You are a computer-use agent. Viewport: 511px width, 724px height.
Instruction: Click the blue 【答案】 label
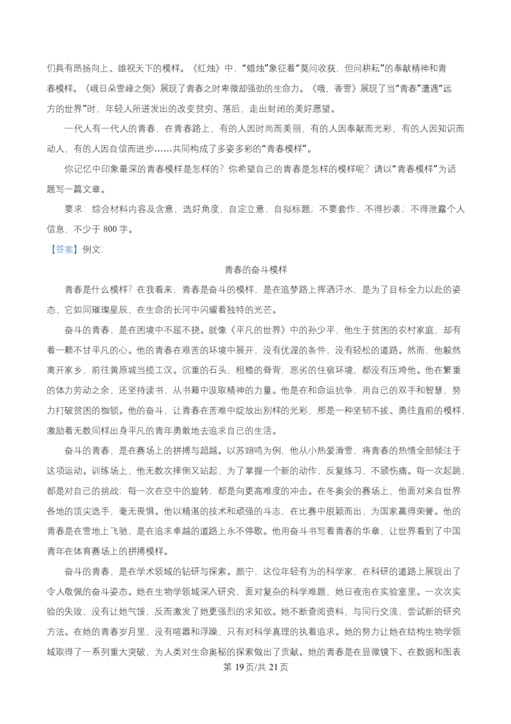[x=63, y=250]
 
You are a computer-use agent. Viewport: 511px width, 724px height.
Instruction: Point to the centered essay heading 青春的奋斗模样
[x=256, y=270]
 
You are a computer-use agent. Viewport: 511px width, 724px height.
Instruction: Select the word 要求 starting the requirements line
[x=74, y=209]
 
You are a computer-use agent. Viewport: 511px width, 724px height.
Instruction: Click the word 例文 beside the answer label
[x=91, y=250]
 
